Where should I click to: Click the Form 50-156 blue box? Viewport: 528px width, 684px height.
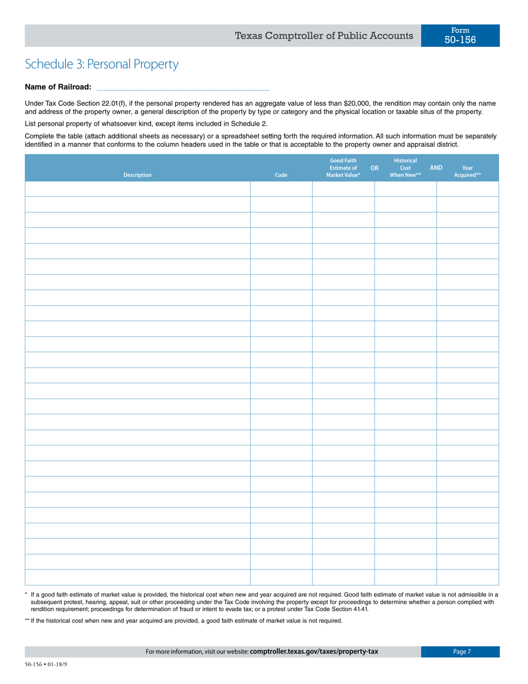[x=460, y=35]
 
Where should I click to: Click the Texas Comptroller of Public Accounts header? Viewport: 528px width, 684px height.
[x=324, y=36]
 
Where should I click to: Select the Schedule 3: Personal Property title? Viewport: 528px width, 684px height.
[x=102, y=64]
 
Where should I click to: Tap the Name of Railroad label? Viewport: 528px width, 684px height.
[x=58, y=87]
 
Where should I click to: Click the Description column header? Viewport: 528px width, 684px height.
[x=137, y=175]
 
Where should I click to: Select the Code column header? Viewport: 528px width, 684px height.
[x=281, y=175]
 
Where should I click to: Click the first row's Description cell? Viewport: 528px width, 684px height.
[x=137, y=189]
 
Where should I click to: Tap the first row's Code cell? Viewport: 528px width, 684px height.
[x=281, y=189]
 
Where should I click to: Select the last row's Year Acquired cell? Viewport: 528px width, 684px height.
[x=467, y=578]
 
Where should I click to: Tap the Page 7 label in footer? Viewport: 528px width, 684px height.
[x=461, y=652]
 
